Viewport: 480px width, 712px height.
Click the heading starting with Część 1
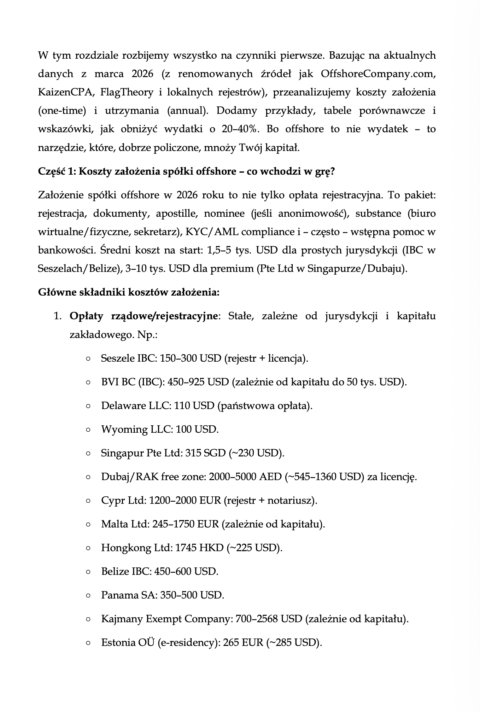(x=186, y=171)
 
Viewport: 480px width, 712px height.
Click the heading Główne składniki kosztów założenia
(x=129, y=293)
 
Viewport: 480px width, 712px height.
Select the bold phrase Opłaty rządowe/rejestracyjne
(x=144, y=316)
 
